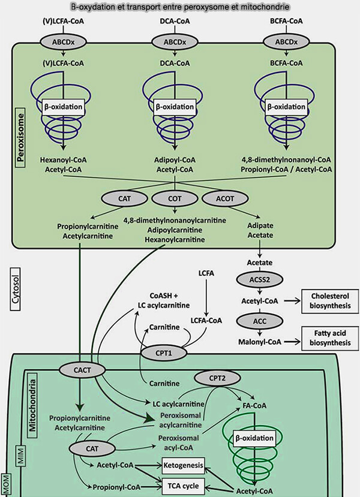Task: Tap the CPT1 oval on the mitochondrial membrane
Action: [162, 354]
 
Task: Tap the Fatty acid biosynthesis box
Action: [326, 338]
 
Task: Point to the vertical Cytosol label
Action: [17, 290]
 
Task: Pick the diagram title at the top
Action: [180, 7]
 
